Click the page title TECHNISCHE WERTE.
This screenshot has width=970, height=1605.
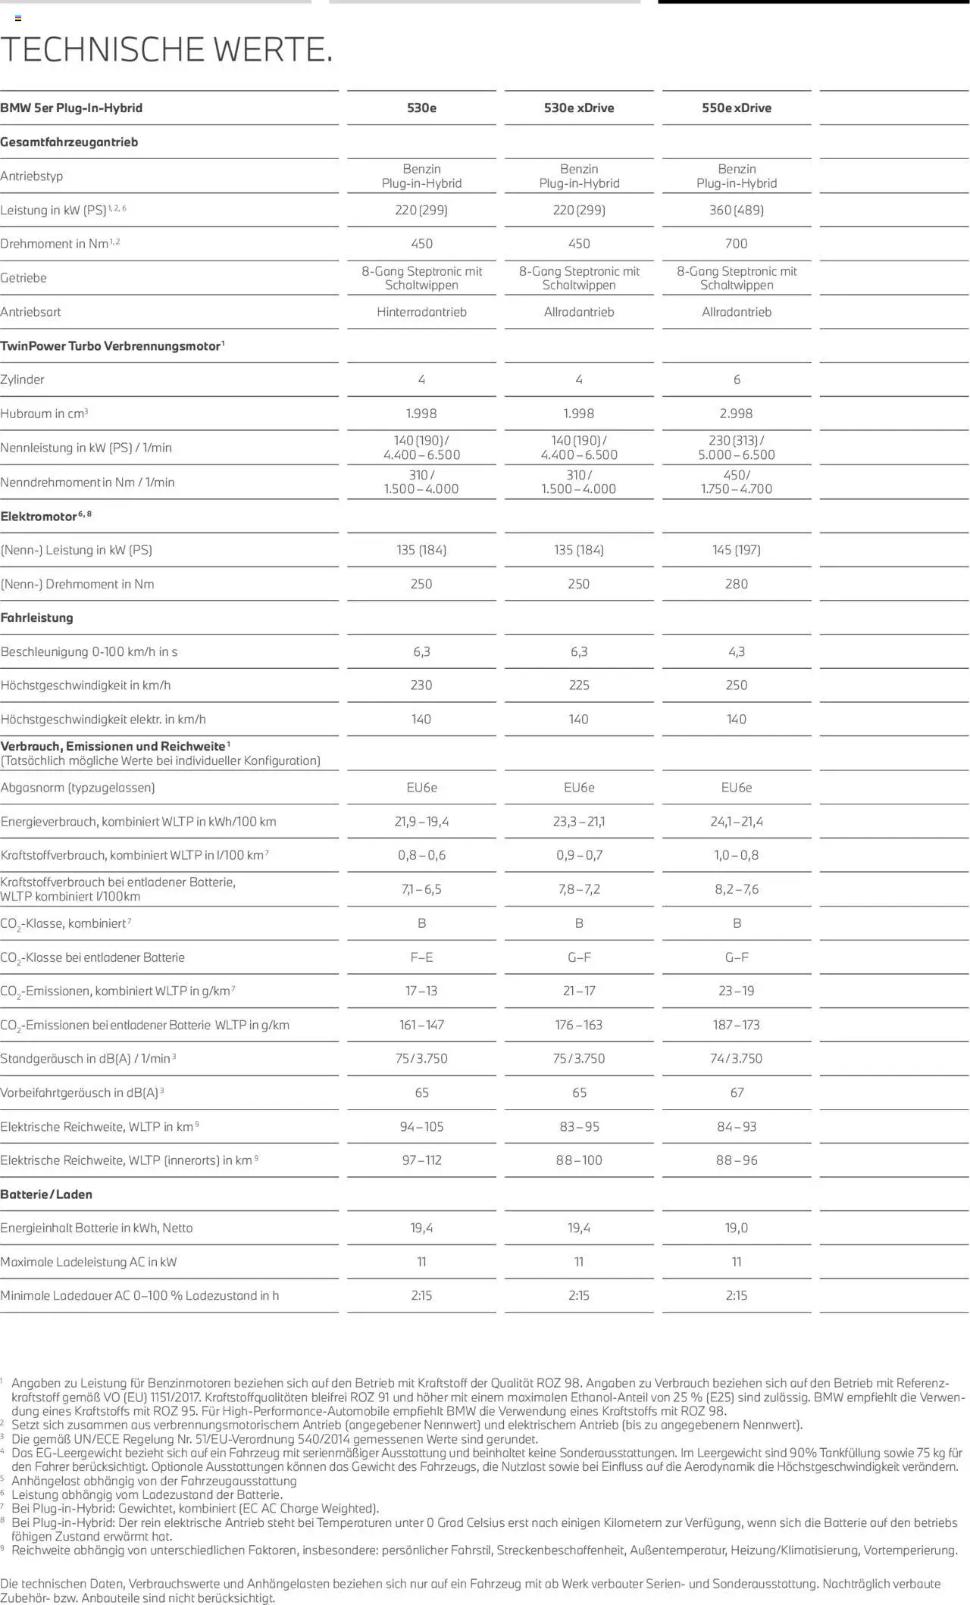tap(167, 50)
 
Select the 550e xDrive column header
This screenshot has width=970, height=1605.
tap(736, 108)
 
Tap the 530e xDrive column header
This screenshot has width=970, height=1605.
tap(579, 108)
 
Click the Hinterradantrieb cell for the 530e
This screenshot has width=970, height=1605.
tap(421, 312)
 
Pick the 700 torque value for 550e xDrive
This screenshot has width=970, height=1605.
tap(736, 244)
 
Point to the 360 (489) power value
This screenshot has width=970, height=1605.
tap(736, 210)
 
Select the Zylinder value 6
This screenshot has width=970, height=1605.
tap(737, 379)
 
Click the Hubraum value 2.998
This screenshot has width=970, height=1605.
tap(736, 414)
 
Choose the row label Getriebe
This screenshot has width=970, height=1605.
tap(23, 278)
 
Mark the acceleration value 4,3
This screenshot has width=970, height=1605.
tap(736, 651)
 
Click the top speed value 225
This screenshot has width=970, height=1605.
tap(579, 685)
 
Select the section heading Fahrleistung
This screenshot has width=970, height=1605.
tap(37, 618)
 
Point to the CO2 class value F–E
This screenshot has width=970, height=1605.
tap(421, 957)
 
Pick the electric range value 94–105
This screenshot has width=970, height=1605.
tap(421, 1127)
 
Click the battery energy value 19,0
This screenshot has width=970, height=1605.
tap(736, 1228)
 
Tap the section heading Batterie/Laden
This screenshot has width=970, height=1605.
tap(46, 1194)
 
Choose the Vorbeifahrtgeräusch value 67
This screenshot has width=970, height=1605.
tap(737, 1093)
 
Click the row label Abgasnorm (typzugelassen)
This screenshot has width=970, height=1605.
tap(78, 788)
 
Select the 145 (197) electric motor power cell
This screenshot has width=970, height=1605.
tap(736, 550)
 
